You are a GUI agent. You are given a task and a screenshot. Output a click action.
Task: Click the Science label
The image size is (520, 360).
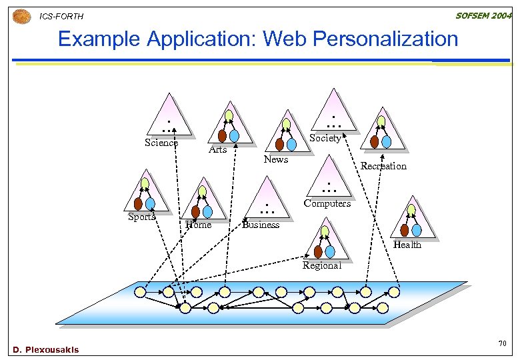click(x=161, y=143)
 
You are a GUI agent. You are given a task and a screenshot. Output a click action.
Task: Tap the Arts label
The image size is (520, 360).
click(x=217, y=149)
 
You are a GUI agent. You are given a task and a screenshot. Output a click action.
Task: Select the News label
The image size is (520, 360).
click(x=275, y=159)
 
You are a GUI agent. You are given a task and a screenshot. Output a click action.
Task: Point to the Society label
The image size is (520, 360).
click(x=325, y=138)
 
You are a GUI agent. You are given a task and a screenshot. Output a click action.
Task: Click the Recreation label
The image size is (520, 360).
click(x=383, y=166)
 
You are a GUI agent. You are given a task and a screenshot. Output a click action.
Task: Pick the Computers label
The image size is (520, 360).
click(x=327, y=203)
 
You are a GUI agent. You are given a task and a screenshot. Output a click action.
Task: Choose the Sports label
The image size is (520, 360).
click(x=141, y=217)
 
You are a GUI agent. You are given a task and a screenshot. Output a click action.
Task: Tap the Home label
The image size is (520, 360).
click(x=198, y=225)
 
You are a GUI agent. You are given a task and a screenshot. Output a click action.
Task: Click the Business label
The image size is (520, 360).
click(x=261, y=225)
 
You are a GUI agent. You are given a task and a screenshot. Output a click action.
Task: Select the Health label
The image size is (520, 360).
click(x=407, y=245)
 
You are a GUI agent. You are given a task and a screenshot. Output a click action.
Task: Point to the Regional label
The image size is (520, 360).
click(x=321, y=265)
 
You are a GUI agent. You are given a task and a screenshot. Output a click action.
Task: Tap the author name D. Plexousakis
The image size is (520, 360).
click(x=45, y=350)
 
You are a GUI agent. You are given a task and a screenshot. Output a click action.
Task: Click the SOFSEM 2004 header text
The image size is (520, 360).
click(x=483, y=15)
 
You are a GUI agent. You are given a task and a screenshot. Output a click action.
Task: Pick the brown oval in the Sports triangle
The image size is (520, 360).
click(x=138, y=204)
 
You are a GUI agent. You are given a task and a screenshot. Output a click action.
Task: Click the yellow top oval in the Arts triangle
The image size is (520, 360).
click(x=229, y=116)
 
